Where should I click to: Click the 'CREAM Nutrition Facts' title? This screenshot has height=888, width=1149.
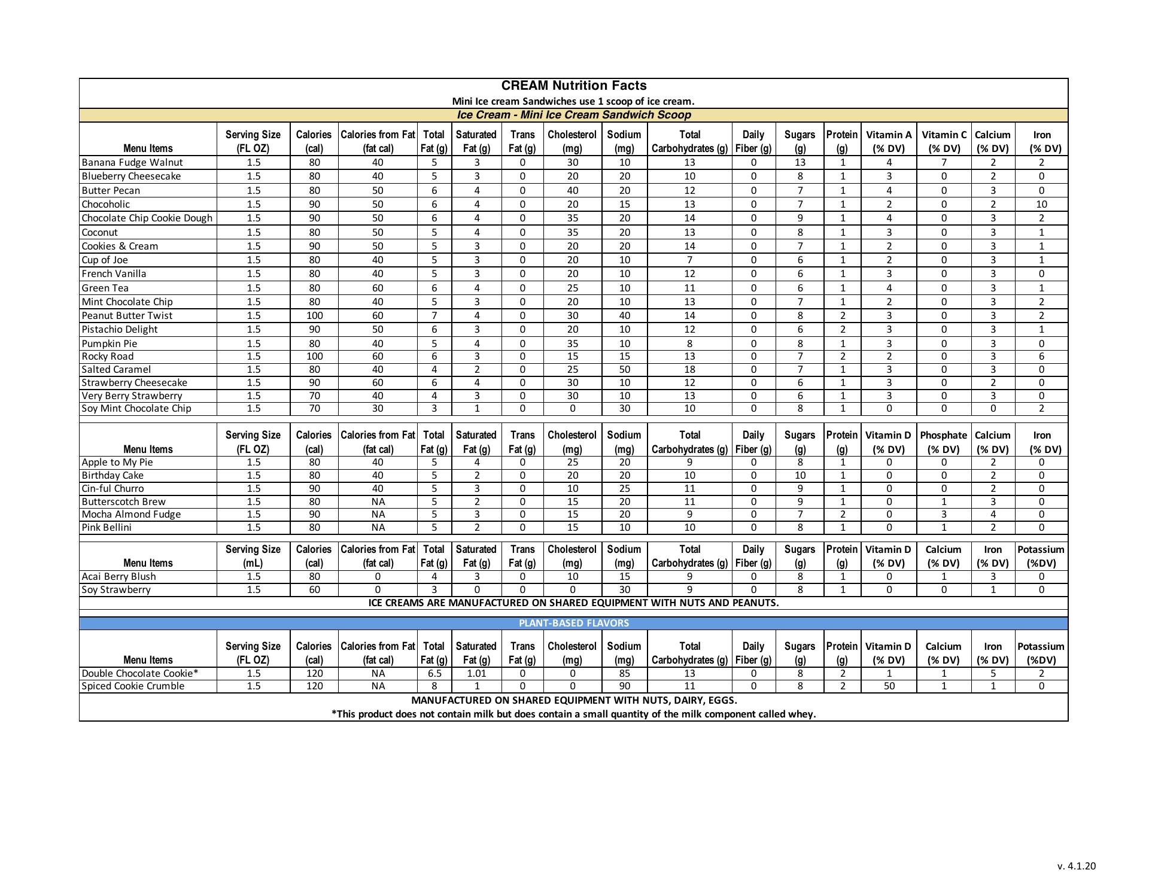tap(573, 86)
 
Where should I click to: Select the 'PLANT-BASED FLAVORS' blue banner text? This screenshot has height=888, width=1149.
tap(573, 623)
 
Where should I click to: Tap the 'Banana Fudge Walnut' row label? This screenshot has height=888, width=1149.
tap(132, 162)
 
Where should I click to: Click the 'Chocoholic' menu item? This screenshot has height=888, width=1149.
tap(106, 204)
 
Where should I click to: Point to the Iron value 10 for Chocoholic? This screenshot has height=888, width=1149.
tap(1041, 204)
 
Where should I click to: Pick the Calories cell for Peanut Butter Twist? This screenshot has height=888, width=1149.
tap(314, 315)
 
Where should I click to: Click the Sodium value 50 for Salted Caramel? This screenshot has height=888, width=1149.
tap(624, 369)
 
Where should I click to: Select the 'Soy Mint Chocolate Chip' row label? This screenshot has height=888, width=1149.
tap(136, 408)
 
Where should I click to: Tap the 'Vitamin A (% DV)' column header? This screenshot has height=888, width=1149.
tap(889, 141)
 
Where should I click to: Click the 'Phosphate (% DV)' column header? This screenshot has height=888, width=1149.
tap(943, 442)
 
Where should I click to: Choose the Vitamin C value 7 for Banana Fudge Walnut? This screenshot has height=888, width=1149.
tap(944, 162)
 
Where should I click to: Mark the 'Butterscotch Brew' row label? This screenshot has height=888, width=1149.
tap(123, 501)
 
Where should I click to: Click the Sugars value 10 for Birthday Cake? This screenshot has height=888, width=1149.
tap(800, 475)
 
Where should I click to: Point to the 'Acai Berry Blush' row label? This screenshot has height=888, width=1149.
tap(118, 576)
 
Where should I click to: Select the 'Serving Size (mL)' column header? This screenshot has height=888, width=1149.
tap(253, 556)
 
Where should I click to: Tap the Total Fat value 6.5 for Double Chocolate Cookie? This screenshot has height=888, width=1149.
tap(434, 673)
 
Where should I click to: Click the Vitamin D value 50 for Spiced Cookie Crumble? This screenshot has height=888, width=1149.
tap(889, 686)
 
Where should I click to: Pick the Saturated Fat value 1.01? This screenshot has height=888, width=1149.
tap(476, 673)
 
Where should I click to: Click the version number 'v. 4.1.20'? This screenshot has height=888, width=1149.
tap(1076, 866)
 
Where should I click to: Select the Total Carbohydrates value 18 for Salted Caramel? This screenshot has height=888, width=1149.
tap(689, 369)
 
